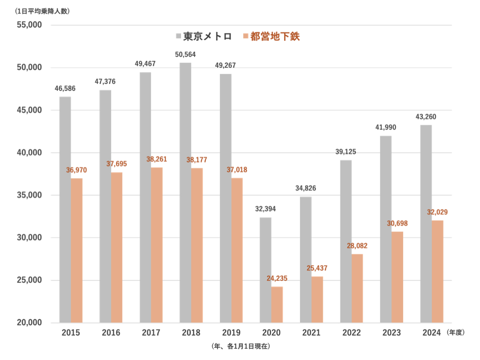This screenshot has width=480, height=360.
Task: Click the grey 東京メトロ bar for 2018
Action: pyautogui.click(x=186, y=192)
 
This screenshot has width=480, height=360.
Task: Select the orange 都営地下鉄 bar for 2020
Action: pyautogui.click(x=277, y=305)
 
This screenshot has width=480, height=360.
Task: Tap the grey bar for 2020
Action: pyautogui.click(x=265, y=270)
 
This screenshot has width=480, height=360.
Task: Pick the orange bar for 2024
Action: pyautogui.click(x=437, y=271)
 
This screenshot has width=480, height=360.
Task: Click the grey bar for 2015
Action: pyautogui.click(x=65, y=210)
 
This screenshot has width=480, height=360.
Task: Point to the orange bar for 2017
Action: pyautogui.click(x=157, y=245)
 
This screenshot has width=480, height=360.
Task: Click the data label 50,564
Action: pyautogui.click(x=185, y=54)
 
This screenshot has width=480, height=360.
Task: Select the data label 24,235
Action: pyautogui.click(x=277, y=278)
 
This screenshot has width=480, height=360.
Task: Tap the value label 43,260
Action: pyautogui.click(x=426, y=117)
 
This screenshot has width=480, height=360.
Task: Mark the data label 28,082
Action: pyautogui.click(x=357, y=246)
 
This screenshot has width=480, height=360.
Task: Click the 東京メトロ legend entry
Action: pyautogui.click(x=203, y=37)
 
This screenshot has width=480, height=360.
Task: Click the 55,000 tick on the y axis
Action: pyautogui.click(x=29, y=25)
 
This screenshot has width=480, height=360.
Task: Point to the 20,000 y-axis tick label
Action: pyautogui.click(x=29, y=323)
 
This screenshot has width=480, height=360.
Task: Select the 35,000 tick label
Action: pyautogui.click(x=29, y=195)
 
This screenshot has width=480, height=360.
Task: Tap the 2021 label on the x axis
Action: pyautogui.click(x=311, y=333)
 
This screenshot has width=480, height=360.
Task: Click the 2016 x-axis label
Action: pyautogui.click(x=111, y=333)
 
